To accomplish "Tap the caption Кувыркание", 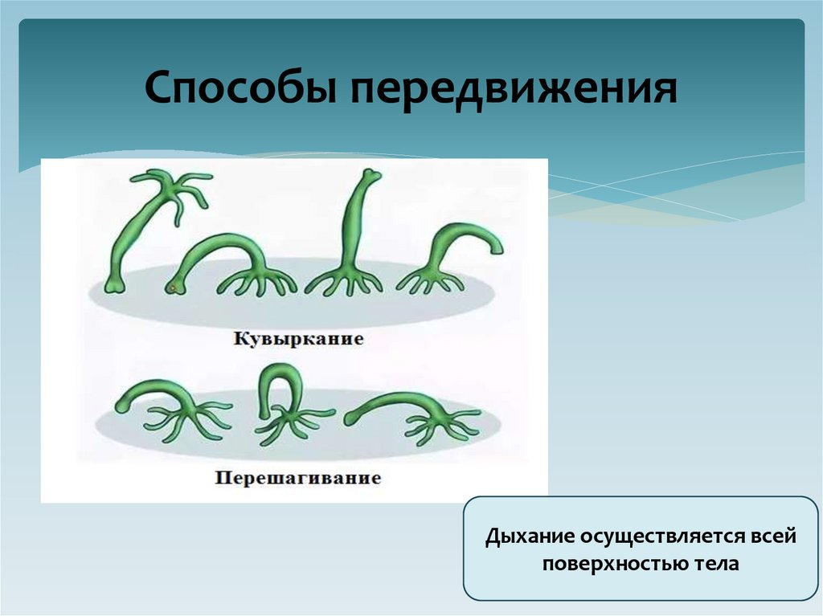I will tap(298, 339).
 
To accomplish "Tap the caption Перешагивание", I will tap(297, 479).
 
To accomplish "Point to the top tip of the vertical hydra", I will tap(368, 173).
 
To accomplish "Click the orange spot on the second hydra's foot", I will tap(170, 287).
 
